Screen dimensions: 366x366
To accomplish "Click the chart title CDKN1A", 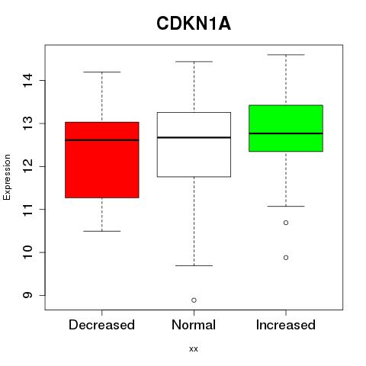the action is click(x=194, y=24).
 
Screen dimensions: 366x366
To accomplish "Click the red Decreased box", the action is click(x=102, y=160).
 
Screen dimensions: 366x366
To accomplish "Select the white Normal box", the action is click(x=194, y=144).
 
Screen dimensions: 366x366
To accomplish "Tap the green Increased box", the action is click(x=286, y=128).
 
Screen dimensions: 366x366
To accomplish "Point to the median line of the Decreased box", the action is click(x=102, y=140).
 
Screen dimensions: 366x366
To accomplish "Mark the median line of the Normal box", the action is click(x=194, y=137).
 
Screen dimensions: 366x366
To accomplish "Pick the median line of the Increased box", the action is click(x=286, y=133).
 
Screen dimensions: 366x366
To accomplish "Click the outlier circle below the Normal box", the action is click(x=194, y=300).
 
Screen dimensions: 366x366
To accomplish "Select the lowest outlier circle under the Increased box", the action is click(x=286, y=258).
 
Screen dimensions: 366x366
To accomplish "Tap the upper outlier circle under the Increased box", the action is click(x=286, y=223).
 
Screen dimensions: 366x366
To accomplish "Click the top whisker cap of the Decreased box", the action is click(x=102, y=72).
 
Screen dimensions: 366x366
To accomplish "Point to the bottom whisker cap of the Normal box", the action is click(x=194, y=265).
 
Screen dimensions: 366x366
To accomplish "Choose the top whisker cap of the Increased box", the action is click(x=286, y=55).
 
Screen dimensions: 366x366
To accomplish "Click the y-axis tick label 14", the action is click(x=28, y=80).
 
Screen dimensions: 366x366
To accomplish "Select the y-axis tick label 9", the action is click(x=28, y=295).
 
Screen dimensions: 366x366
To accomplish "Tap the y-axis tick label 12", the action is click(x=28, y=166).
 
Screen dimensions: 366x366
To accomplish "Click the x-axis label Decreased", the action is click(x=101, y=325).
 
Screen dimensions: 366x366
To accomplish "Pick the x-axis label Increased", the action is click(x=286, y=325).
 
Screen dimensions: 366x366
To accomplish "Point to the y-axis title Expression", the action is click(x=7, y=177).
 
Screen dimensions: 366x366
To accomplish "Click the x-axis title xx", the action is click(x=194, y=349).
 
